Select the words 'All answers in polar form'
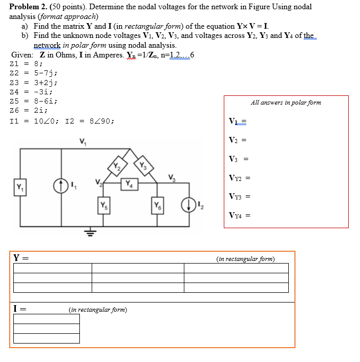click(x=286, y=103)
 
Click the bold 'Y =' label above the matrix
click(x=20, y=257)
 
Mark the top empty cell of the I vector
click(x=47, y=319)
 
